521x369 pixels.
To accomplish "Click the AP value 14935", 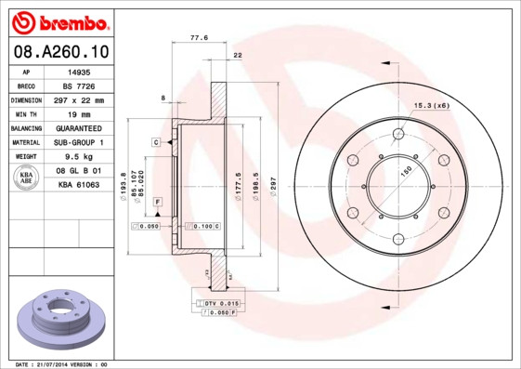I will [77, 71].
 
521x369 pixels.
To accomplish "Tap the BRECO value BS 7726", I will [77, 86].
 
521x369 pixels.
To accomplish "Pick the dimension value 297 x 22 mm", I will [77, 99].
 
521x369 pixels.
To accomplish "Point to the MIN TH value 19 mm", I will [77, 114].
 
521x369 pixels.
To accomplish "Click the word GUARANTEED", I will [77, 128].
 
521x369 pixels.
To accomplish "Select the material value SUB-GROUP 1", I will [77, 143].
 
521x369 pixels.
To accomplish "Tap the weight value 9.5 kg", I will [77, 157].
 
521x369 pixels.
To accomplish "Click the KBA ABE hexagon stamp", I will [27, 178].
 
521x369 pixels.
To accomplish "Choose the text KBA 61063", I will [77, 186].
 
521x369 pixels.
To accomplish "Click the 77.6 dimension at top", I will [199, 38].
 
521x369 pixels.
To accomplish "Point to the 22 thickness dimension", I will [238, 57].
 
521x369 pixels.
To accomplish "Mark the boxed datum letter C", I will [157, 141].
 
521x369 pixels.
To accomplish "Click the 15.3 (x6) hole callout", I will [431, 105].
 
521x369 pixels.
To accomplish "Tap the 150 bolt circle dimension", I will [406, 173].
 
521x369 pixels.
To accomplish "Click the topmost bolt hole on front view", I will [399, 133].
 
